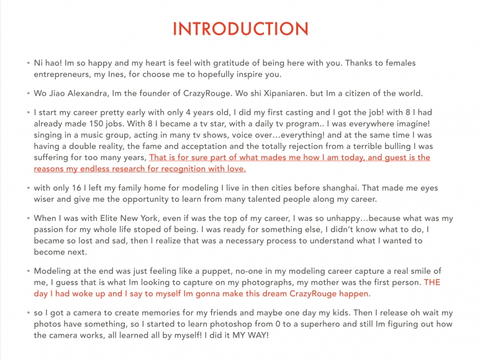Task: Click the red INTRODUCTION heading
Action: [240, 29]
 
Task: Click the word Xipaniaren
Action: [270, 94]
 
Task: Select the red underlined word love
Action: [235, 169]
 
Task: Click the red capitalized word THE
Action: [432, 283]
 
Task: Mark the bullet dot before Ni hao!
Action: [28, 63]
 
